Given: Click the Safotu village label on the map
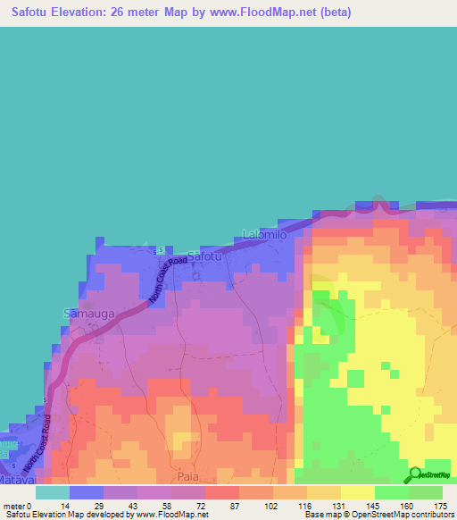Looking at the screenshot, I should click(x=204, y=256).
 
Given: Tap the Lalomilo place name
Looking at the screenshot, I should click(x=264, y=234).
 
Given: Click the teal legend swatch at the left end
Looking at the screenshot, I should click(x=53, y=492).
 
